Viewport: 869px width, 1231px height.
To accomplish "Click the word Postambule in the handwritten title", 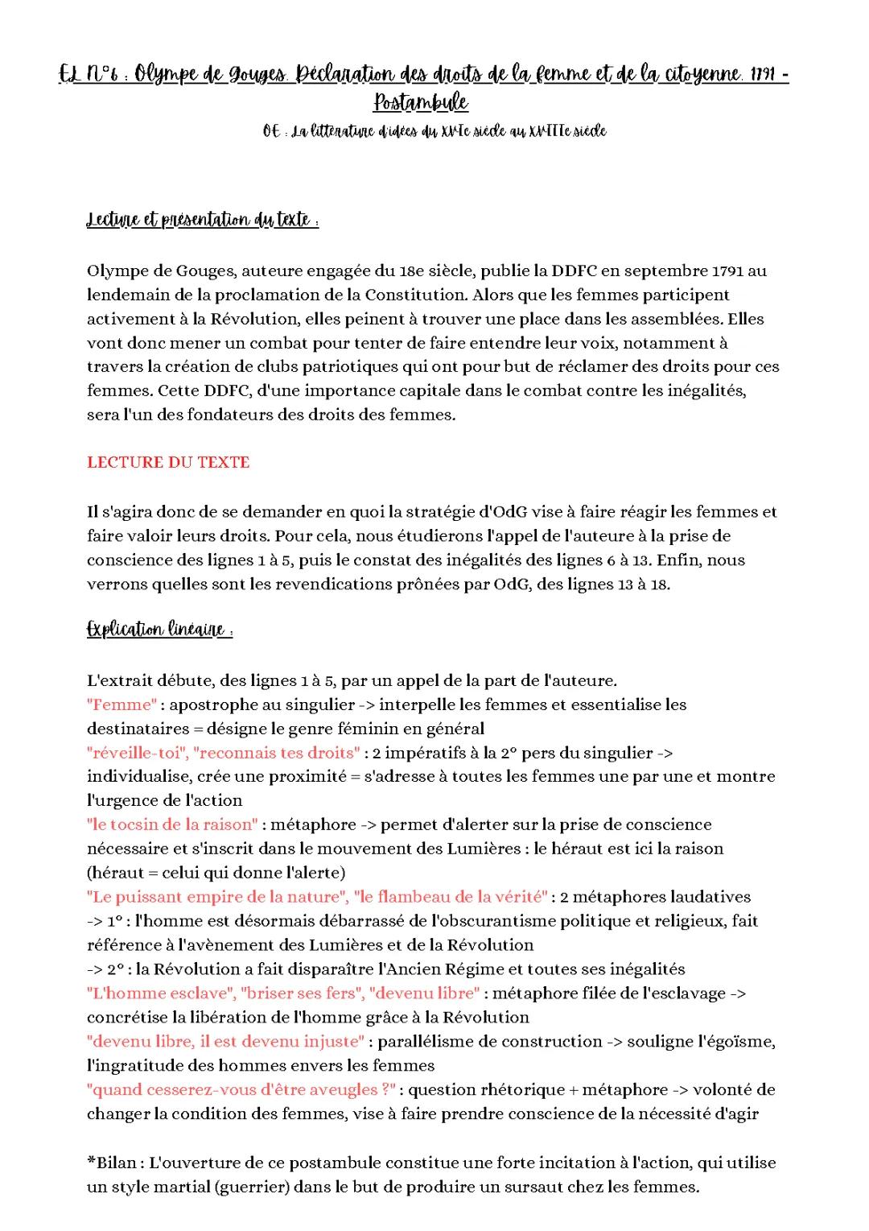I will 421,103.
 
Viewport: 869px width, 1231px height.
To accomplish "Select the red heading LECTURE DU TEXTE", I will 168,462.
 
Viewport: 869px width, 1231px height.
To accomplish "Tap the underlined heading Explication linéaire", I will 159,630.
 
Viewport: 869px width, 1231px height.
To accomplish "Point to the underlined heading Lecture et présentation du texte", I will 202,221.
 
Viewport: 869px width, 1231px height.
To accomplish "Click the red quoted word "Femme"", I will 122,704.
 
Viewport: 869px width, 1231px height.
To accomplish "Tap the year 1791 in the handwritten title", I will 762,75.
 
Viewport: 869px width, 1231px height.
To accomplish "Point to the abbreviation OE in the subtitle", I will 271,131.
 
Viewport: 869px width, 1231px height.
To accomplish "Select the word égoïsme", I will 741,1041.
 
